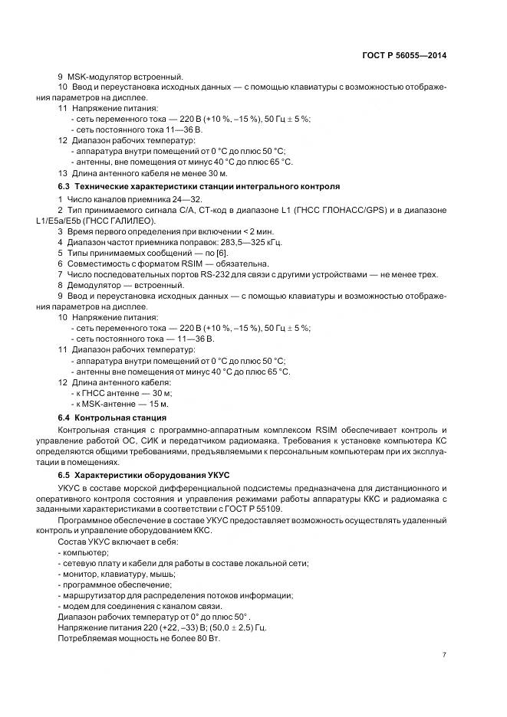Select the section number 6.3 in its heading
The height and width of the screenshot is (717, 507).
(64, 187)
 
